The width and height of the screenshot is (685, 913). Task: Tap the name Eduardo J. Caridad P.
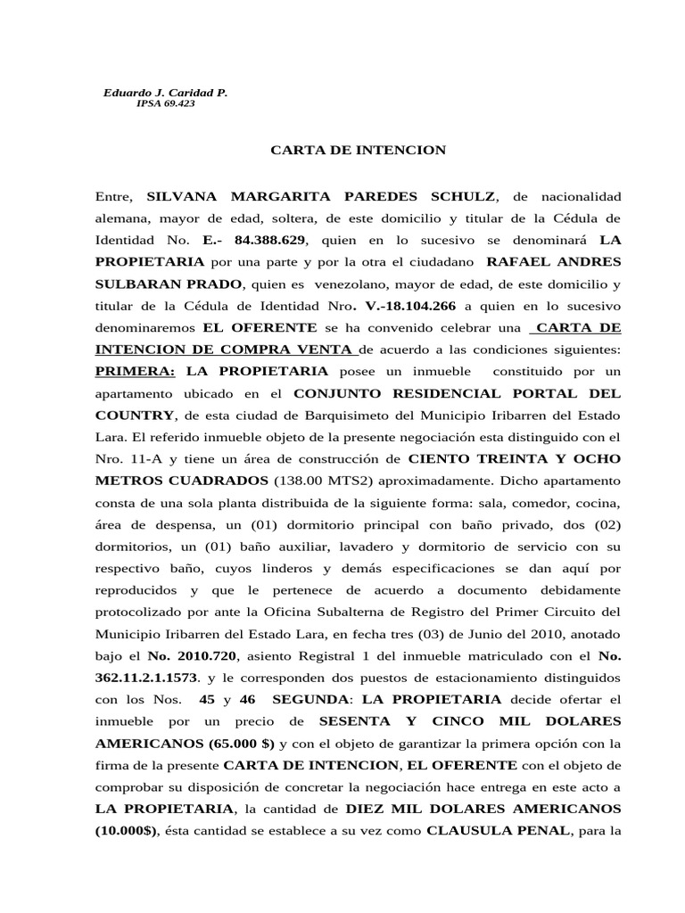pos(166,92)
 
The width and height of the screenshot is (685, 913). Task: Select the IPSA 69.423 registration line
pos(166,103)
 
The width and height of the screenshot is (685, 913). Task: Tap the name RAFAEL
pos(517,262)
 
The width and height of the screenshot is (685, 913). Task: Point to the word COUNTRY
pos(135,415)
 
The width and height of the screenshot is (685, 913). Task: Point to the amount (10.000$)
pos(128,829)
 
